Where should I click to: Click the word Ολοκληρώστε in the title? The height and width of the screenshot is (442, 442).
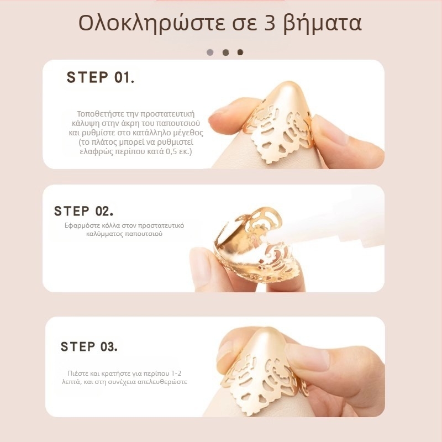click(151, 24)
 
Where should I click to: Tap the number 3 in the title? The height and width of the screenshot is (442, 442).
click(270, 23)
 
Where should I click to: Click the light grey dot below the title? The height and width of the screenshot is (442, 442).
click(210, 52)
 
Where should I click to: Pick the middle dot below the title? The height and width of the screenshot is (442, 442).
click(225, 52)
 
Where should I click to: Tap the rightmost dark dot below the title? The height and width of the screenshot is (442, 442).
click(240, 52)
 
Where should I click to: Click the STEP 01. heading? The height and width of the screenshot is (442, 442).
click(101, 77)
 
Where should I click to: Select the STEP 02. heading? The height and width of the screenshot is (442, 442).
click(83, 211)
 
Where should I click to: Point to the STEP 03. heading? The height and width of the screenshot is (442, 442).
click(89, 347)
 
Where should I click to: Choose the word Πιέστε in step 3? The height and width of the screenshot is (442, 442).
click(77, 373)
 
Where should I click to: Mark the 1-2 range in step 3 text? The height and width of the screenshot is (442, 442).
click(176, 373)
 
